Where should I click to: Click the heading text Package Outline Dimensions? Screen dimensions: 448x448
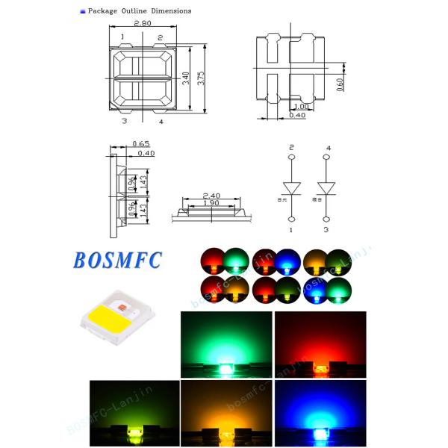(140, 11)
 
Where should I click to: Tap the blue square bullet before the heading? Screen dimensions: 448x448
(82, 11)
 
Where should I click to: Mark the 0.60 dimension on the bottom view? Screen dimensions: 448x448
(340, 84)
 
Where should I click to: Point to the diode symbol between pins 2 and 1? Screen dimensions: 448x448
(292, 187)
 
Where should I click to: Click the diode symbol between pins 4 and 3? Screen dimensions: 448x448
(327, 187)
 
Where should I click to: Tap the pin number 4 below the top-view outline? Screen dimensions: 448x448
(161, 120)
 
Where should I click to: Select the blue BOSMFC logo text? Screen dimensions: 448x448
(117, 261)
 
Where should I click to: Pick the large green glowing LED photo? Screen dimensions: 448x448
(226, 344)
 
